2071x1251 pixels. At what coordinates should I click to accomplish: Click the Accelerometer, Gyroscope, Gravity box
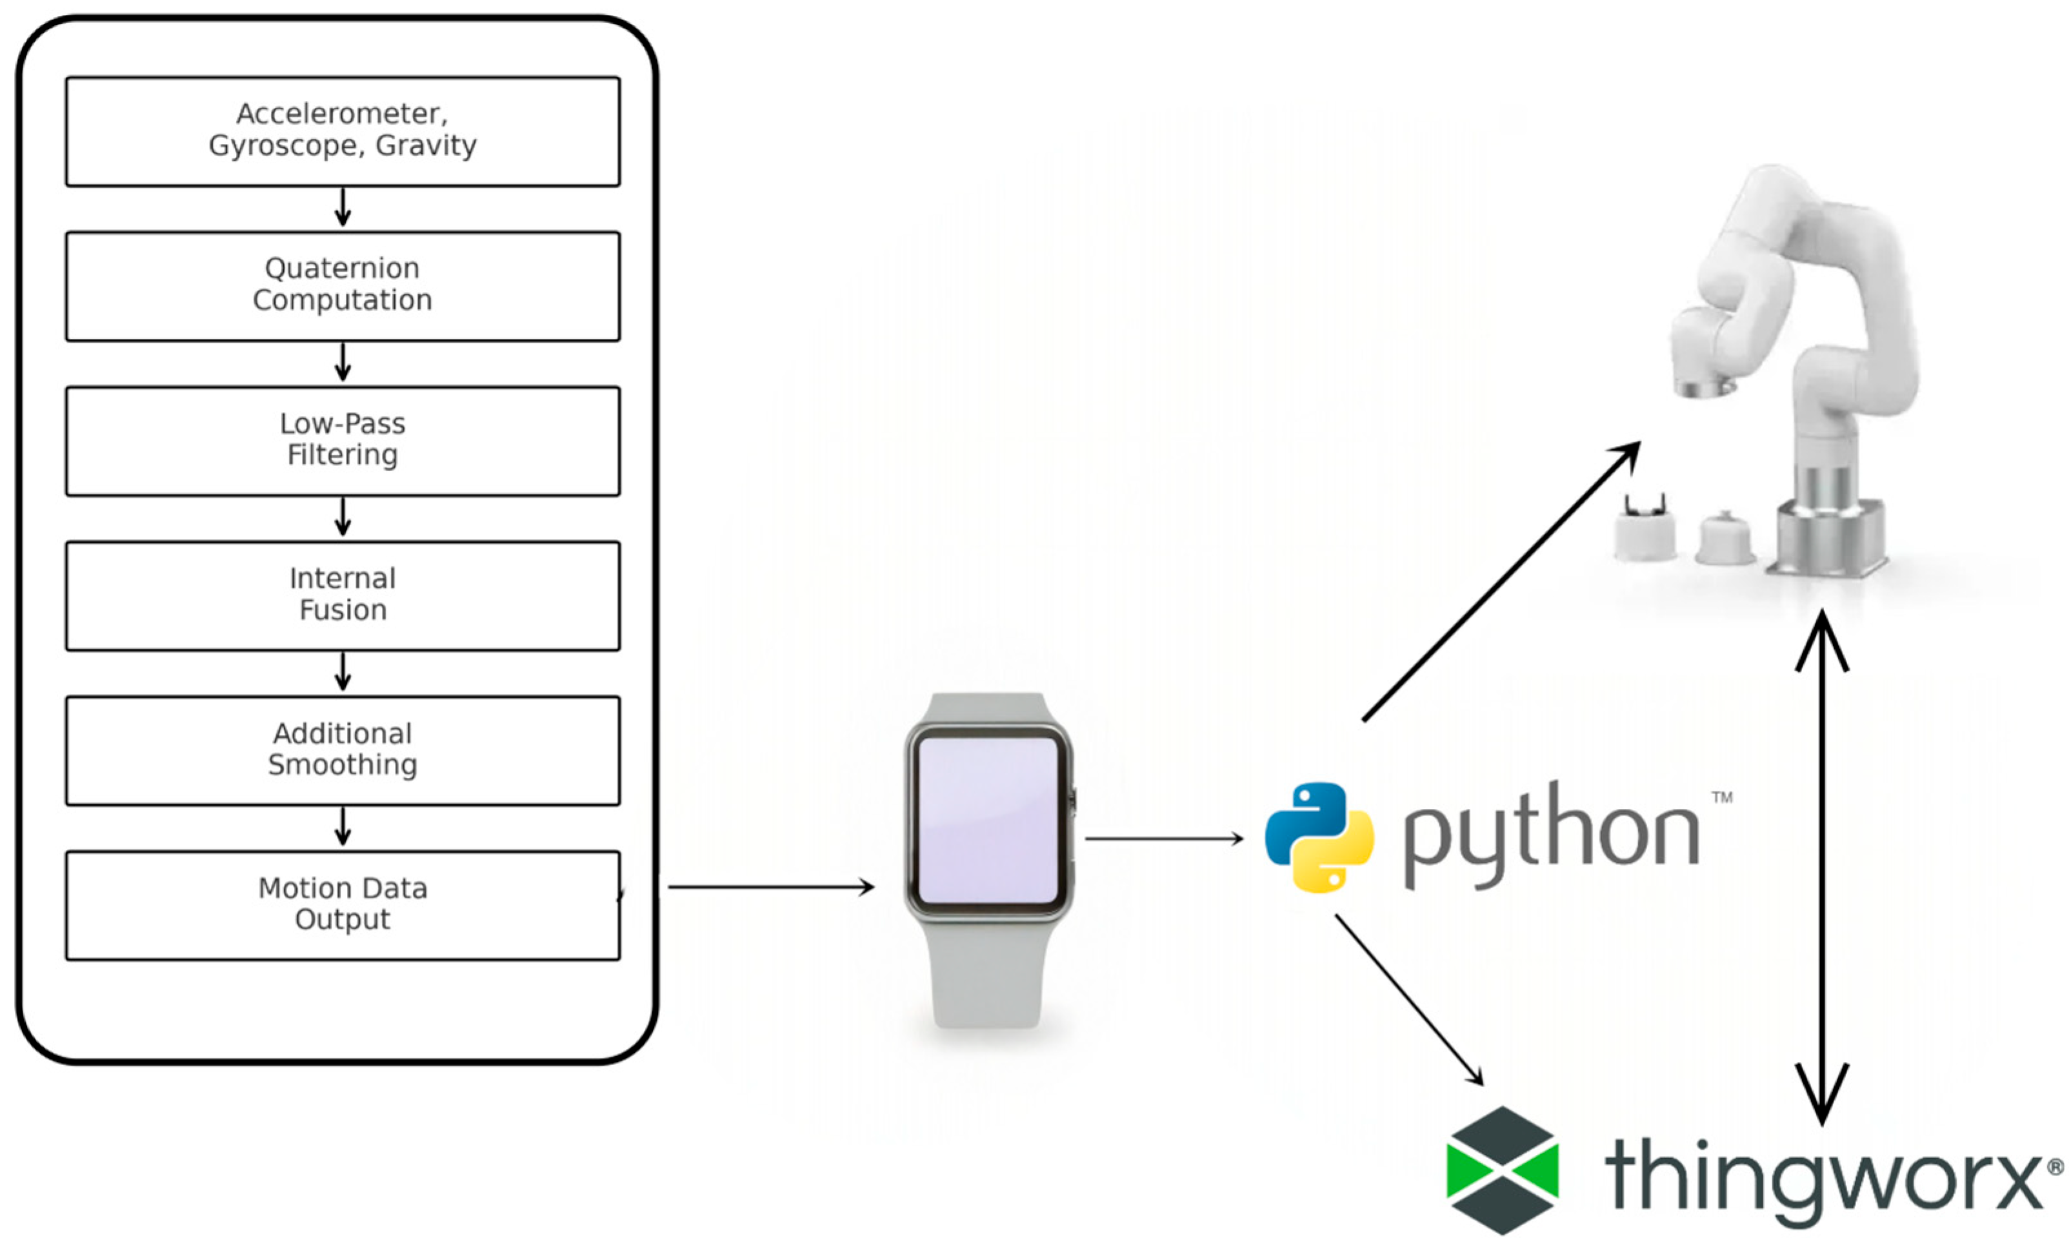[x=343, y=131]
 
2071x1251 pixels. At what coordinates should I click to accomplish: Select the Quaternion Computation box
[x=343, y=286]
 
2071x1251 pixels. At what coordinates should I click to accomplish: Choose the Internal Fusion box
[x=343, y=595]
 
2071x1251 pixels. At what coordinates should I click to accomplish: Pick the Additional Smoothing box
[x=343, y=750]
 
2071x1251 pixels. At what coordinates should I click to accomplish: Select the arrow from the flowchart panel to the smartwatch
[x=769, y=886]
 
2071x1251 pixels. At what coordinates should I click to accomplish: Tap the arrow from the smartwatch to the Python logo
[x=1163, y=839]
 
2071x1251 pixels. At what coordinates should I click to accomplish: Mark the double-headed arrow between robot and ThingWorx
[x=1821, y=866]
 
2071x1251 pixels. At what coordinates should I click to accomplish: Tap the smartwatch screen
[x=988, y=820]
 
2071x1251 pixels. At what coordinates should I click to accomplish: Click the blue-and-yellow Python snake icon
[x=1319, y=837]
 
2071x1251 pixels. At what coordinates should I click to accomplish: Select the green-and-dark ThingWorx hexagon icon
[x=1502, y=1170]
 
